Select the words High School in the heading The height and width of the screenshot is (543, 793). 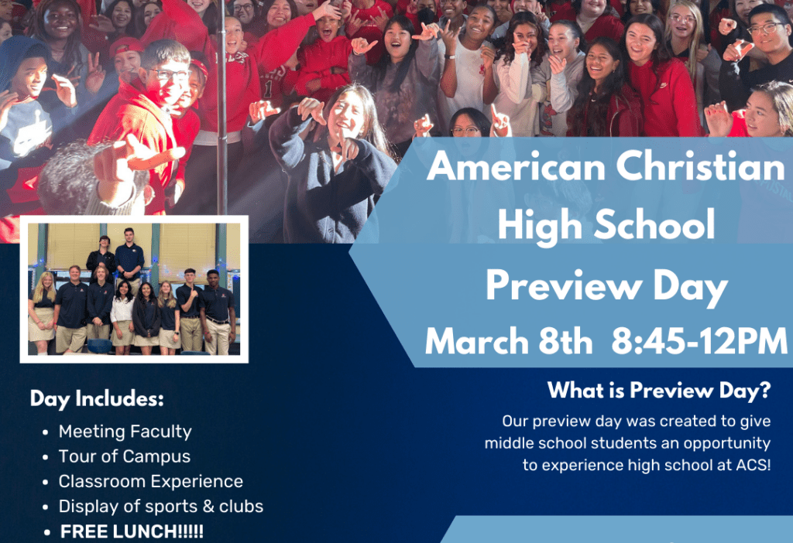coord(606,226)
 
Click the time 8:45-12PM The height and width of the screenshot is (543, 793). coord(699,341)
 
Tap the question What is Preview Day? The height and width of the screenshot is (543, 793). coord(659,391)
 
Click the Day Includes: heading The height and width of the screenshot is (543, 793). coord(97,399)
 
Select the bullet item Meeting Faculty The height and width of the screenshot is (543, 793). coord(125,432)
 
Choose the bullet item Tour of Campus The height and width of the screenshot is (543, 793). coord(124,456)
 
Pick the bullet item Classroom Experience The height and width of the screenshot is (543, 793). coord(150,481)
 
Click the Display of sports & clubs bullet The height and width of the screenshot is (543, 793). coord(160,507)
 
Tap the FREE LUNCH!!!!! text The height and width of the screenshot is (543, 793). coord(132,532)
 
